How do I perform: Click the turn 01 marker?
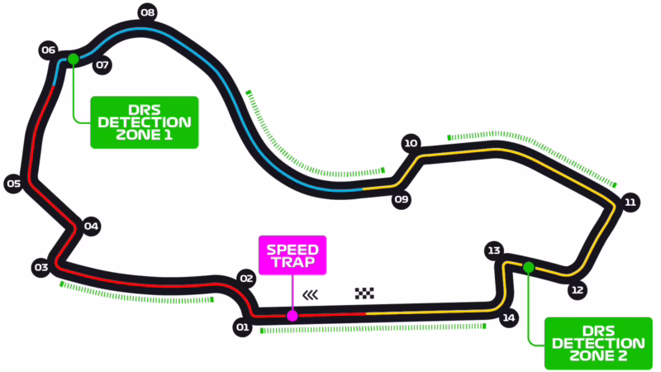click(x=242, y=328)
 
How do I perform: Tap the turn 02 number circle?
click(x=245, y=279)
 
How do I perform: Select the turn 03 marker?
click(x=40, y=267)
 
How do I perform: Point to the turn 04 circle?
click(x=91, y=226)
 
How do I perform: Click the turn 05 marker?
click(x=12, y=184)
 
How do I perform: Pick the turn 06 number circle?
click(x=48, y=50)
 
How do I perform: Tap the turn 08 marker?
click(x=148, y=12)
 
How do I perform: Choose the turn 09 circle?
click(x=402, y=199)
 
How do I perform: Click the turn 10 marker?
click(x=411, y=143)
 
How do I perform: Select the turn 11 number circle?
click(x=630, y=202)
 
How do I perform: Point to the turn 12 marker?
click(x=578, y=290)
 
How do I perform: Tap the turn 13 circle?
click(x=494, y=250)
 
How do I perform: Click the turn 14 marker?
click(x=509, y=317)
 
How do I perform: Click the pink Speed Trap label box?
click(x=293, y=255)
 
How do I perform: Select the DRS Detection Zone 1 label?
click(x=145, y=122)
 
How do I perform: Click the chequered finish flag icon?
click(x=364, y=293)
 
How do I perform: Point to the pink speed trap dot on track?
click(x=292, y=315)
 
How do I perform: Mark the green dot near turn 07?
click(x=74, y=59)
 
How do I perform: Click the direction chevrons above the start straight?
click(x=311, y=293)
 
